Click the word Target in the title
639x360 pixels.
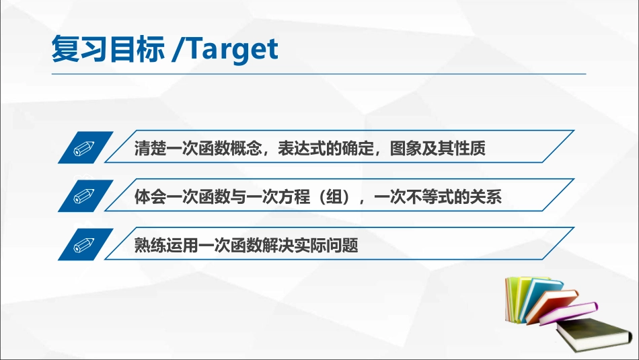(230, 49)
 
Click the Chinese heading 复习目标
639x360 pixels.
(108, 49)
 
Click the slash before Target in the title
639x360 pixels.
(177, 49)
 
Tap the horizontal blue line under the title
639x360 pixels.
(319, 73)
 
